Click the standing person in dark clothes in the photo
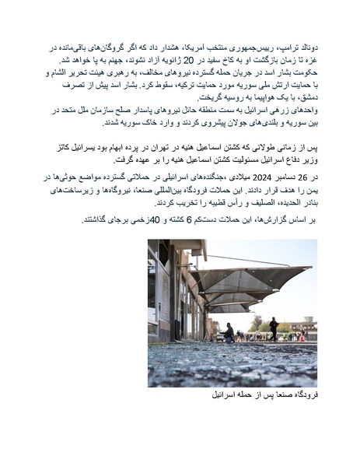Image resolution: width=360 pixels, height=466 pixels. (274, 328)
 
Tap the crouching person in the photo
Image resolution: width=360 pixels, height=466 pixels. (229, 335)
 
